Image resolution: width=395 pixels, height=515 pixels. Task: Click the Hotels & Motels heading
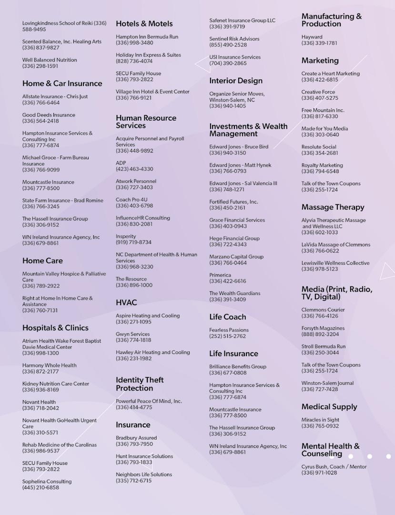(x=144, y=23)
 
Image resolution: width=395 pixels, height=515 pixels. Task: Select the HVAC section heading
(x=126, y=303)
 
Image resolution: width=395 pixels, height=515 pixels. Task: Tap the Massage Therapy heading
(x=333, y=207)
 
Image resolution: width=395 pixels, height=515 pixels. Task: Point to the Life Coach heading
(x=228, y=317)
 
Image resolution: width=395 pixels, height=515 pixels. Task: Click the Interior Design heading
(x=236, y=81)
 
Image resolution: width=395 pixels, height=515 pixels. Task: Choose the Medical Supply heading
(x=329, y=407)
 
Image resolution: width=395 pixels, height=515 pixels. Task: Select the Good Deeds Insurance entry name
(x=49, y=115)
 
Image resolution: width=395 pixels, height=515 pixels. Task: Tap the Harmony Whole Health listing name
(x=49, y=366)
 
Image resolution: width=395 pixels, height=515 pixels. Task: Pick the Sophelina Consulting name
(x=47, y=482)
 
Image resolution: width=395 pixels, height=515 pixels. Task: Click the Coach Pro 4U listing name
(x=132, y=200)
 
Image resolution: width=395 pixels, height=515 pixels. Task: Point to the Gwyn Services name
(x=132, y=334)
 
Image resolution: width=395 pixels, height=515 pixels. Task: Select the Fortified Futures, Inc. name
(x=233, y=202)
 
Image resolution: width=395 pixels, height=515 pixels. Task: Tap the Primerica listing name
(x=220, y=275)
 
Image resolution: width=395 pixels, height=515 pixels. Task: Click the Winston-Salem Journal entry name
(x=327, y=383)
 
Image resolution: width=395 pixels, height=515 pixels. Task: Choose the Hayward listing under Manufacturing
(x=312, y=37)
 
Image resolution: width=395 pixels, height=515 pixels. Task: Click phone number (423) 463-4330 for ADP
(x=134, y=169)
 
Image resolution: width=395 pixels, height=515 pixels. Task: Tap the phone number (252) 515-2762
(x=227, y=336)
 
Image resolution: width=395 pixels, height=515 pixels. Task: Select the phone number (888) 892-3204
(x=320, y=335)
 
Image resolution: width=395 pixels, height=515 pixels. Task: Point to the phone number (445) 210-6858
(x=41, y=488)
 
